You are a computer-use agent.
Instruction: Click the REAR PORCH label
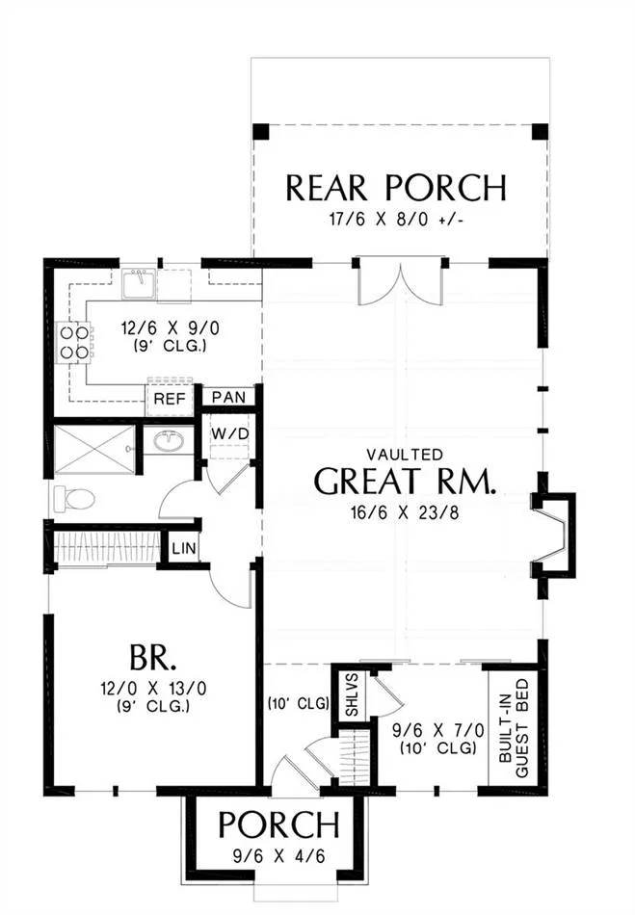click(x=396, y=188)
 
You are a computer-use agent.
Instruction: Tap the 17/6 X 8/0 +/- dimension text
click(x=396, y=220)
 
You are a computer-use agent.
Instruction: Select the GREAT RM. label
click(x=406, y=481)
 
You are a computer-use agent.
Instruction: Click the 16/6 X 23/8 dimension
click(x=405, y=513)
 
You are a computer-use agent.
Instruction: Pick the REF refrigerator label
click(x=170, y=400)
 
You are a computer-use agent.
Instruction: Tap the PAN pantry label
click(x=228, y=398)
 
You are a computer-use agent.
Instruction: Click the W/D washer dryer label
click(x=230, y=434)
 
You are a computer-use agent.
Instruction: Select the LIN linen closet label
click(x=184, y=549)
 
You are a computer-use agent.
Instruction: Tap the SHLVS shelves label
click(x=352, y=695)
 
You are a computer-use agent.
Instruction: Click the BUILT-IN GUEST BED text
click(x=515, y=727)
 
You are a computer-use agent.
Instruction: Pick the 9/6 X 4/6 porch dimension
click(x=278, y=856)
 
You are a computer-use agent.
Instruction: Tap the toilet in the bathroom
click(x=74, y=499)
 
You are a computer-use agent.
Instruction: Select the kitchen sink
click(x=139, y=283)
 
